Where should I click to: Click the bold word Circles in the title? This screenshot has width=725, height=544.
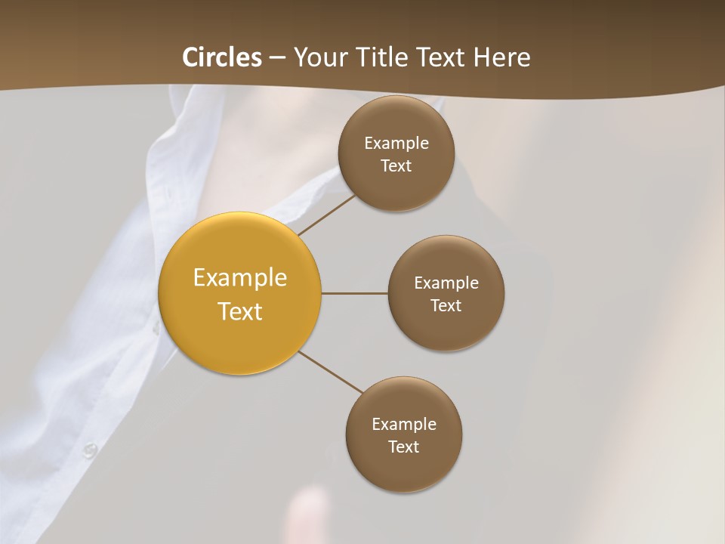coord(222,57)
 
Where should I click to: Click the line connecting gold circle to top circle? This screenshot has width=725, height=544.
coord(326,215)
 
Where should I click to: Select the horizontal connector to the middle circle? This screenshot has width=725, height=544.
coord(355,293)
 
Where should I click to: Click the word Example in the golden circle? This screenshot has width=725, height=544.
coord(240,278)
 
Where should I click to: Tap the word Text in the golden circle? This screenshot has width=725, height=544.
coord(240,311)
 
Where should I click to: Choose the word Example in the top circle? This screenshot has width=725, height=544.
coord(396,144)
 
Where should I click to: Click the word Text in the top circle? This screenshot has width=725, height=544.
coord(396,166)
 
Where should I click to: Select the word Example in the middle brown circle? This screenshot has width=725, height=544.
coord(446,283)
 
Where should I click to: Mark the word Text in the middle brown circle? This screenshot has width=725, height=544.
coord(446,306)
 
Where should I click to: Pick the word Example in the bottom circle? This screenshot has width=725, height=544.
coord(404,425)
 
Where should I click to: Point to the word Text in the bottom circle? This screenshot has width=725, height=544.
coord(403,447)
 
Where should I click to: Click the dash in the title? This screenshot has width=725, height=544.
coord(277,58)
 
